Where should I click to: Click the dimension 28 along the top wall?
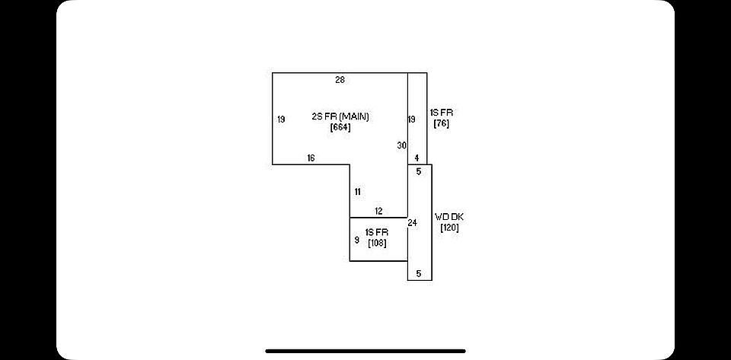coord(340,79)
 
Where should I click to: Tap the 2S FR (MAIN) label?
coord(340,116)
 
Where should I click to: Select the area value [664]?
coord(340,127)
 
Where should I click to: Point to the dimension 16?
coord(311,158)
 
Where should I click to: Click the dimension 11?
coord(357,192)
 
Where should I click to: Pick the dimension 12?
coord(378,212)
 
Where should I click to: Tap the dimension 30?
coord(401,145)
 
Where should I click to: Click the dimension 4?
coord(417,158)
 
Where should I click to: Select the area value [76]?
coord(441,123)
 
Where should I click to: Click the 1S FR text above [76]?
coord(441,113)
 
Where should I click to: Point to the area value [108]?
coord(377,244)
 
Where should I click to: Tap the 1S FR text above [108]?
coord(377,232)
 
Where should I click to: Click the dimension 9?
coord(356,241)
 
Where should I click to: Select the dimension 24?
coord(413,222)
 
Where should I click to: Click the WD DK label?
coord(448,217)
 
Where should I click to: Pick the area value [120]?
coord(448,228)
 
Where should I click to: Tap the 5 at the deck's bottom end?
coord(418,273)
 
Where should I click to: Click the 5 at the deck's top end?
coord(418,172)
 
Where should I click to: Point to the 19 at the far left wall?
coord(281,119)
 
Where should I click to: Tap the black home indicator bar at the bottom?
coord(365,352)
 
